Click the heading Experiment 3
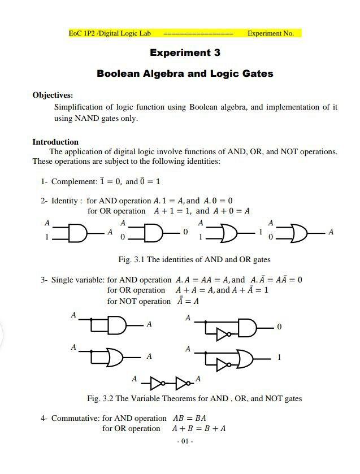pyautogui.click(x=185, y=53)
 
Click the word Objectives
pyautogui.click(x=52, y=95)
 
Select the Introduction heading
pyautogui.click(x=55, y=142)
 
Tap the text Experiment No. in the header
pyautogui.click(x=271, y=33)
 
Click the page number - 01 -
pyautogui.click(x=185, y=441)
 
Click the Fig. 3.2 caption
pyautogui.click(x=194, y=398)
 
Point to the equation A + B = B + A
pyautogui.click(x=199, y=428)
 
